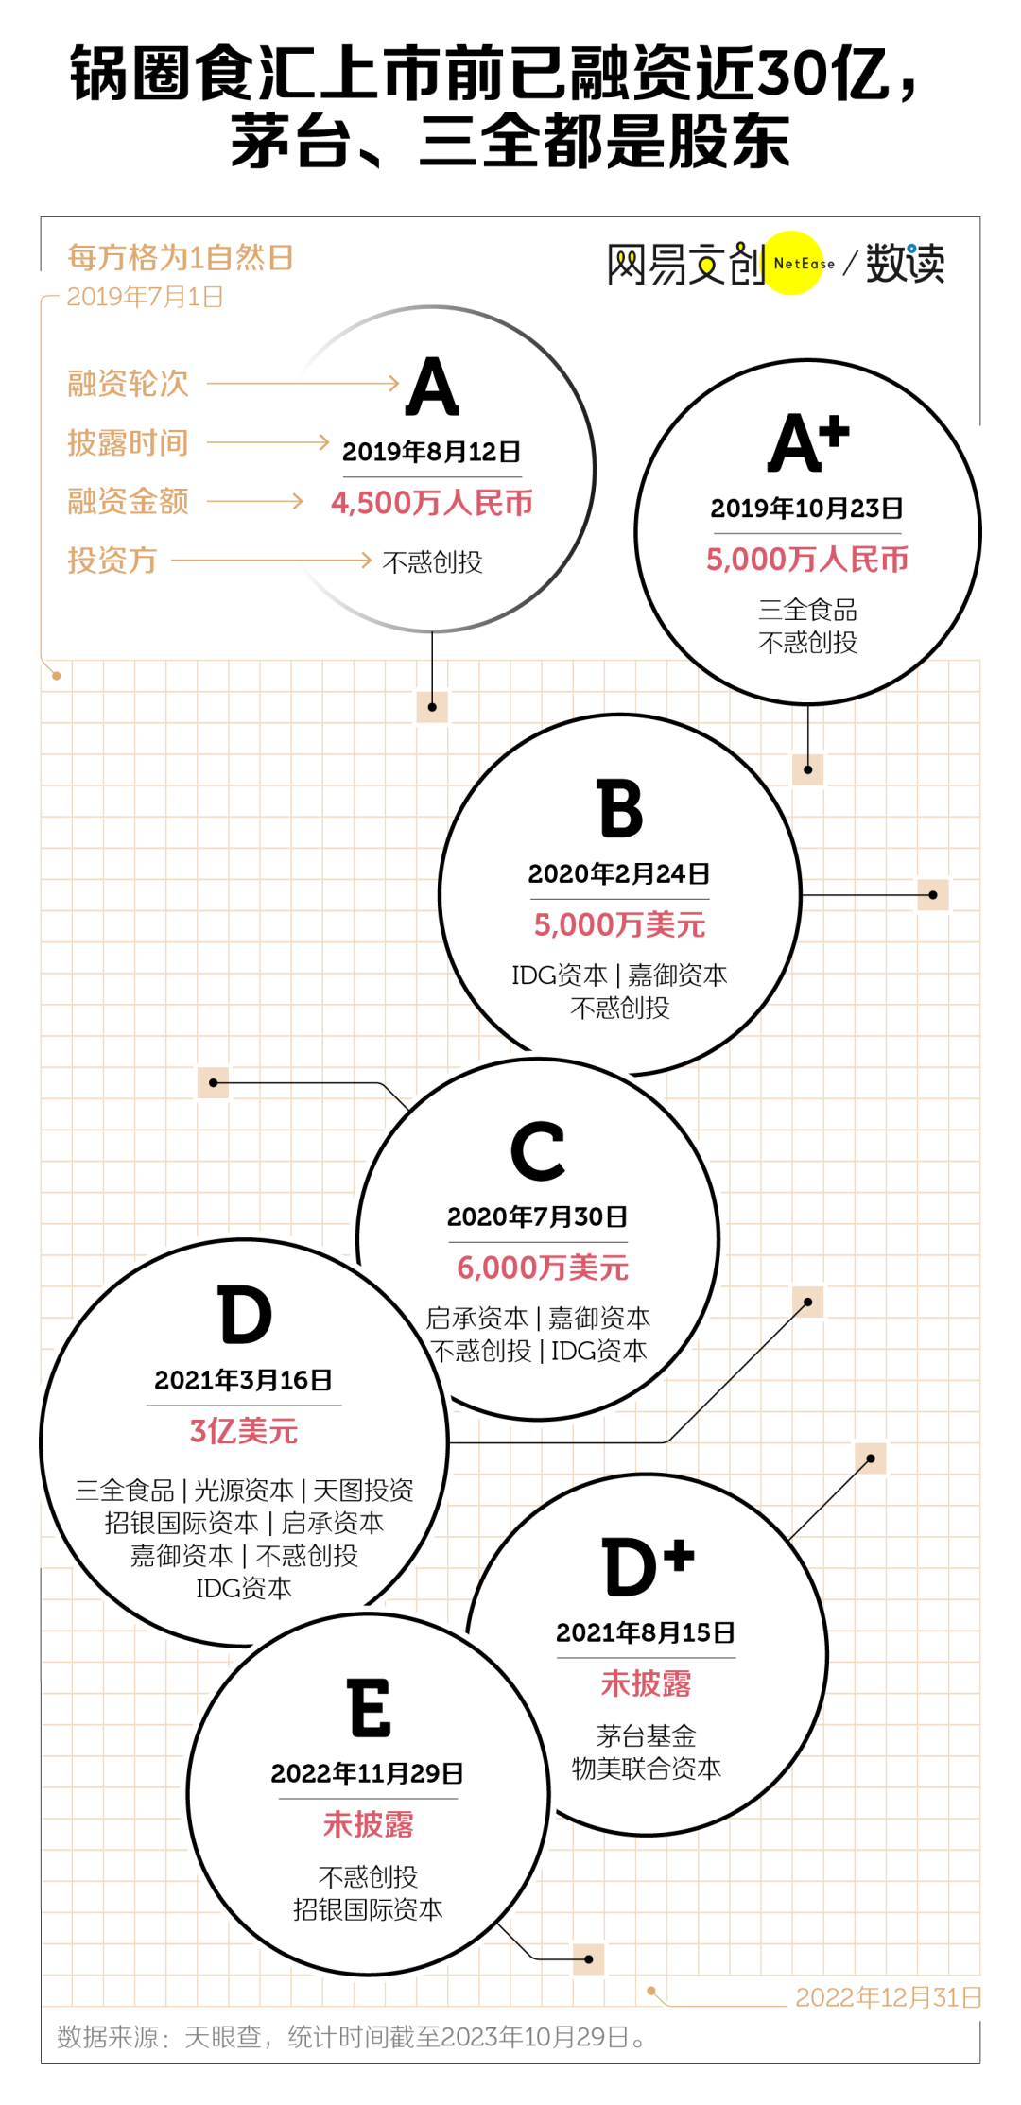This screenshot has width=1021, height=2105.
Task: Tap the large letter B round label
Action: (620, 809)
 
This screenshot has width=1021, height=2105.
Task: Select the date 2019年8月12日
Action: (431, 452)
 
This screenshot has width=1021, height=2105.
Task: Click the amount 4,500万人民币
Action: (432, 503)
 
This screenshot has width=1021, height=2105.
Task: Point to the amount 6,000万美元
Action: (543, 1268)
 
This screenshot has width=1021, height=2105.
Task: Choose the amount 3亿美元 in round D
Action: (244, 1431)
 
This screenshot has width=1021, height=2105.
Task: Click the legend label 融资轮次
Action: (128, 384)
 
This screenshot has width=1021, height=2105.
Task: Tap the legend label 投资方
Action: (112, 561)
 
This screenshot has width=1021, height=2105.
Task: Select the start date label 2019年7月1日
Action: (145, 297)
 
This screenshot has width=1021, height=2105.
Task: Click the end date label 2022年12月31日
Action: (889, 1997)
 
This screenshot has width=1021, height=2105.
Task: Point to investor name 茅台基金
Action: (647, 1735)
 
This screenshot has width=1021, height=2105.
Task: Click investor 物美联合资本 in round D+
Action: (647, 1769)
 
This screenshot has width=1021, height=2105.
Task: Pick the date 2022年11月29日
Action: (368, 1773)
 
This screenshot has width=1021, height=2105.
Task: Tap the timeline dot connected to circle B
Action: (933, 895)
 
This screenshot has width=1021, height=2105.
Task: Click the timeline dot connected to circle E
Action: (588, 1959)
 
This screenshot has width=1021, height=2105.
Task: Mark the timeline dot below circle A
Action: (432, 707)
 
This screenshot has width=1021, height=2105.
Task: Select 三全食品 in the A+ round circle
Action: (807, 610)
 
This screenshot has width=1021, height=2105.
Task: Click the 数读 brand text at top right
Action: (905, 263)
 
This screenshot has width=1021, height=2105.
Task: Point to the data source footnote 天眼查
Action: (223, 2037)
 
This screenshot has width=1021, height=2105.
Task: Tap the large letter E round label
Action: (370, 1708)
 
